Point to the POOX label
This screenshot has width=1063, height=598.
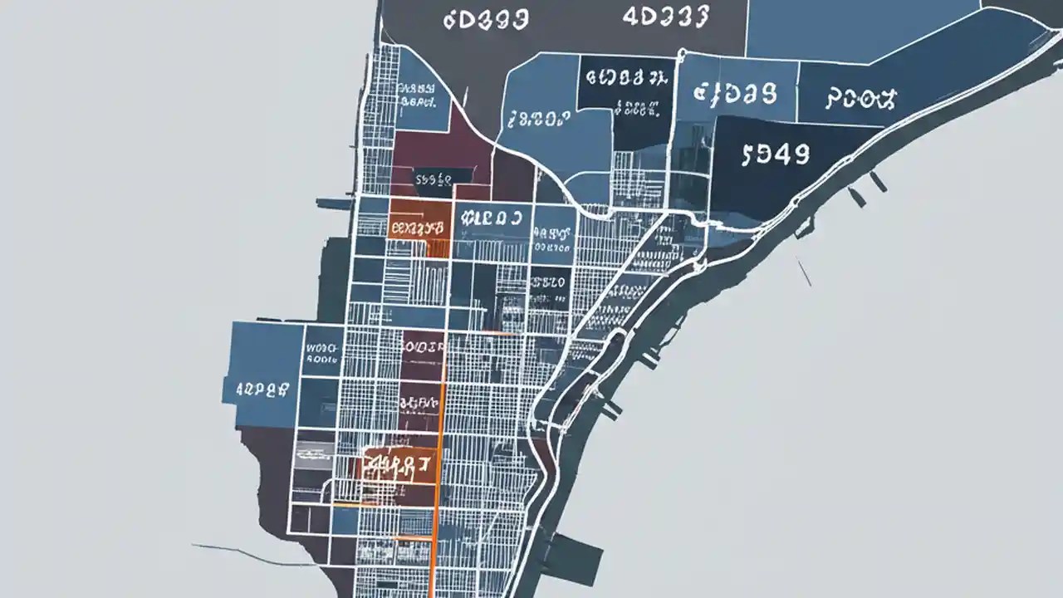[x=861, y=100]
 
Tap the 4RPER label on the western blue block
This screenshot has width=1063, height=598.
[x=262, y=387]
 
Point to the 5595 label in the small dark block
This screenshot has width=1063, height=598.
[x=432, y=178]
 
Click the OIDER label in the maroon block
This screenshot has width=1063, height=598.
[x=423, y=345]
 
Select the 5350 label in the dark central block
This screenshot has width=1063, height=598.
[x=549, y=282]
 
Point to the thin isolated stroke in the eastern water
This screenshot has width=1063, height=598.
[x=804, y=271]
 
